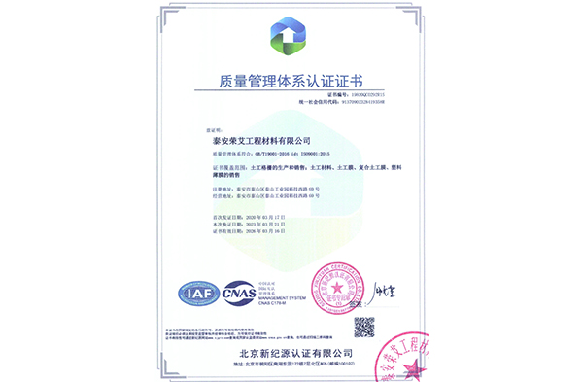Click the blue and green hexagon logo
(291, 38)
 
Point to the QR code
(363, 327)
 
